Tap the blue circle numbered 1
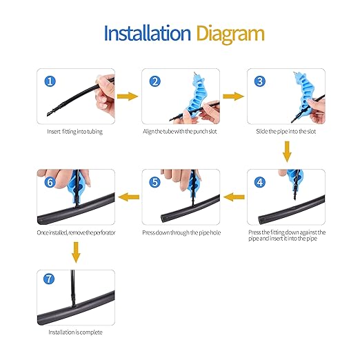(50, 81)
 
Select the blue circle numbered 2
(155, 81)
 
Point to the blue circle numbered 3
(259, 81)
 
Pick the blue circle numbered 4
(259, 183)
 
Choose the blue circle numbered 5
(155, 183)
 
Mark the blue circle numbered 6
(50, 183)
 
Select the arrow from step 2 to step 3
(233, 97)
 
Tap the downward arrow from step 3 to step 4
(286, 151)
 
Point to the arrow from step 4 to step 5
(234, 198)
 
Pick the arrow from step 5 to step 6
(129, 198)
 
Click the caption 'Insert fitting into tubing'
(75, 132)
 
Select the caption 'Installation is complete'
(75, 332)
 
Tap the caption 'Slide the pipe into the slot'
(286, 132)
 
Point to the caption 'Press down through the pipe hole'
(181, 233)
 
